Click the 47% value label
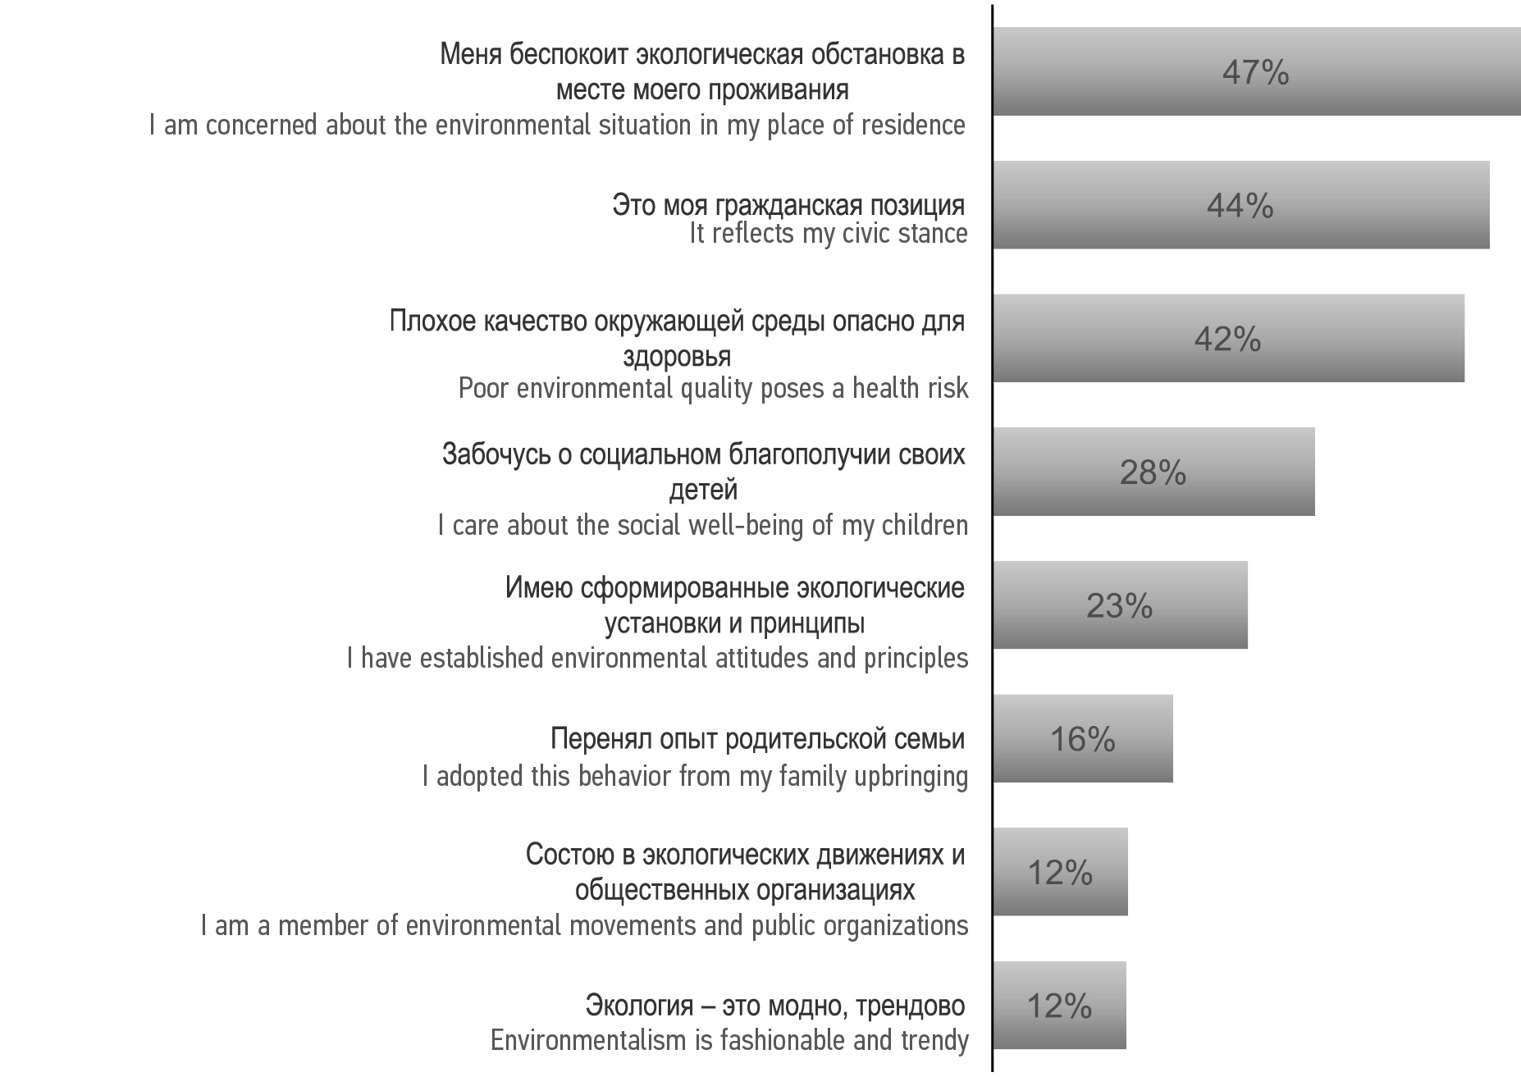(1255, 73)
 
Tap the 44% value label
(1240, 206)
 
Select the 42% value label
(1227, 340)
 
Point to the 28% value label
(1153, 473)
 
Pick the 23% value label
(1119, 606)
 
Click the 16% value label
(1083, 740)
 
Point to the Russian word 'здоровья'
(677, 357)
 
